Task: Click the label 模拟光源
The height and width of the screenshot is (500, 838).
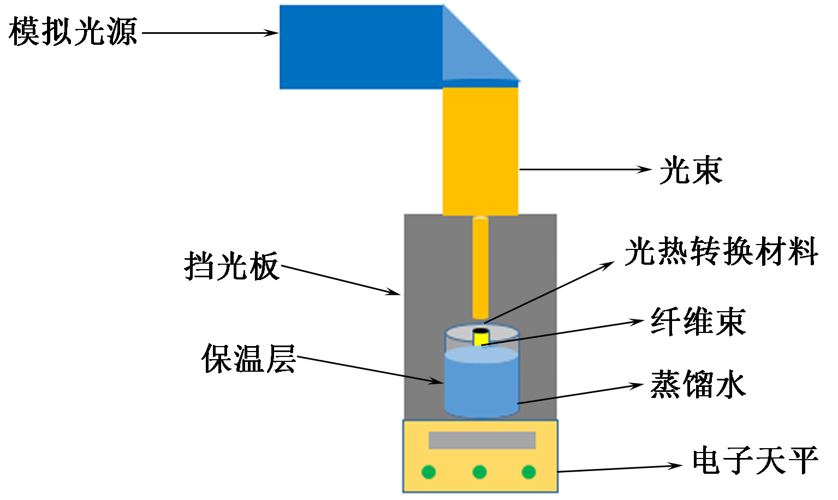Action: (73, 32)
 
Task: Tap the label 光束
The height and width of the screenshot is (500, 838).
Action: (691, 170)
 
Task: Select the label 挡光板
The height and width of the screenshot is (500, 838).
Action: (231, 266)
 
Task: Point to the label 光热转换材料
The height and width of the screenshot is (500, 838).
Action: (721, 252)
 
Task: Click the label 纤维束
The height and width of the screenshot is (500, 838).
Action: (698, 321)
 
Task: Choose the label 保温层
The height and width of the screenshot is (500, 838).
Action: (248, 359)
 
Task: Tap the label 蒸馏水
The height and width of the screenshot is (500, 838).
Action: (698, 385)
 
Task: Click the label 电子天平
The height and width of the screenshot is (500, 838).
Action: (755, 460)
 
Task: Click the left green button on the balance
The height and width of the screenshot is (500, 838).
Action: (429, 472)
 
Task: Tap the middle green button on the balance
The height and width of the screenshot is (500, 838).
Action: (479, 472)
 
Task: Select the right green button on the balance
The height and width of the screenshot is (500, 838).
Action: (528, 472)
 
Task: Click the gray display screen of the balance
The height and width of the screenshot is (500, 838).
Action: (482, 440)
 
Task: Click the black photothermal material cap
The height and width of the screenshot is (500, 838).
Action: (480, 331)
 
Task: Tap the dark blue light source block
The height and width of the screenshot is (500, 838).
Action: (360, 47)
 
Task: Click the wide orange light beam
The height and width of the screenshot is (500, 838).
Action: (480, 150)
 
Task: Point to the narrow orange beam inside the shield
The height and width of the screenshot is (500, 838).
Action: (480, 267)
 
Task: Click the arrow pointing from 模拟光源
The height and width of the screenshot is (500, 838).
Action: (210, 33)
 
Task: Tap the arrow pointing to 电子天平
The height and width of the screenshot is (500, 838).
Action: (620, 468)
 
